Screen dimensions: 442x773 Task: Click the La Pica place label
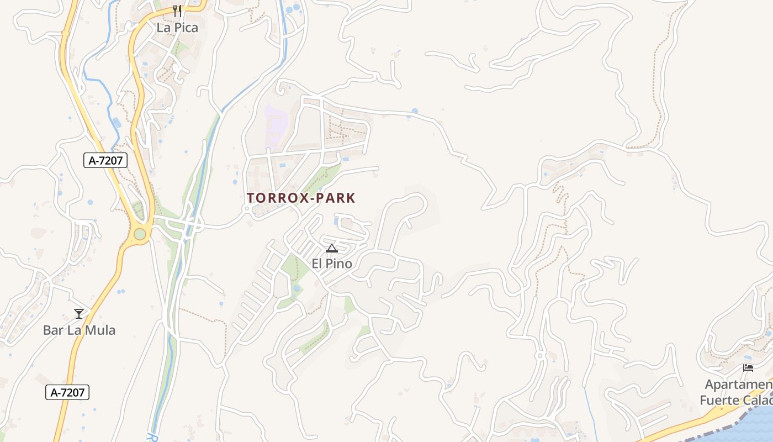coord(177,27)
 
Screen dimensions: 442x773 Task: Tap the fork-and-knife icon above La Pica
coord(177,10)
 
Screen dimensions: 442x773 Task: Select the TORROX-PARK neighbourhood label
coord(301,198)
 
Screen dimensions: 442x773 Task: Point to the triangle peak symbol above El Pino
coord(331,249)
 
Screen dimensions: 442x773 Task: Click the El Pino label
coord(332,264)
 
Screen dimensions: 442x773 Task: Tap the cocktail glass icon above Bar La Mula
coord(79,314)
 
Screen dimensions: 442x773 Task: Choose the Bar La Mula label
coord(80,330)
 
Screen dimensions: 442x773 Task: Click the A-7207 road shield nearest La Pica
coord(105,161)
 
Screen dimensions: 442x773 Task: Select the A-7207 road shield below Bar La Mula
coord(67,392)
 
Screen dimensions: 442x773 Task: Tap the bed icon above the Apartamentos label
coord(748,368)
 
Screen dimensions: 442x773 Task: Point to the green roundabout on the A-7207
coord(140,234)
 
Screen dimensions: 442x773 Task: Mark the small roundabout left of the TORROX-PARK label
coord(247,209)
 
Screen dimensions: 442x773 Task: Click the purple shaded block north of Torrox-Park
coord(276,125)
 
